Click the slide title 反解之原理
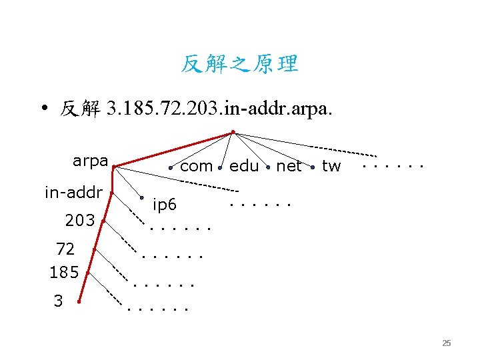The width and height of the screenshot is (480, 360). [240, 64]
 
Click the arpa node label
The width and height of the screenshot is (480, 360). [90, 161]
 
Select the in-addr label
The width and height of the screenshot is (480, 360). [73, 193]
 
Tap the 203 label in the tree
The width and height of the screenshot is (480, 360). [80, 220]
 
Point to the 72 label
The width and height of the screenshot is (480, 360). [65, 249]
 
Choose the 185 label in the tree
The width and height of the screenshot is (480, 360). [64, 272]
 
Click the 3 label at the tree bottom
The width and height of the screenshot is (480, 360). [58, 301]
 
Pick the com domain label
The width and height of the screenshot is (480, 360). [197, 166]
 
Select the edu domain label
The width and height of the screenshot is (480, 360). [244, 166]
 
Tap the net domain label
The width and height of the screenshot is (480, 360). [289, 166]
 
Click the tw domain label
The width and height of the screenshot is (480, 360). [331, 166]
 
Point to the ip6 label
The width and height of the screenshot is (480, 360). [165, 205]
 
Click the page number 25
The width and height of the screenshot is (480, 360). [447, 343]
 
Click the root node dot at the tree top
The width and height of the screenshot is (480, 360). [232, 131]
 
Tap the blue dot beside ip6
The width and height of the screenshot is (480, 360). [142, 197]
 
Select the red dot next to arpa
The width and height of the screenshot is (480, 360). [114, 167]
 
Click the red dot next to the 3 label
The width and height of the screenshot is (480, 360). [79, 302]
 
